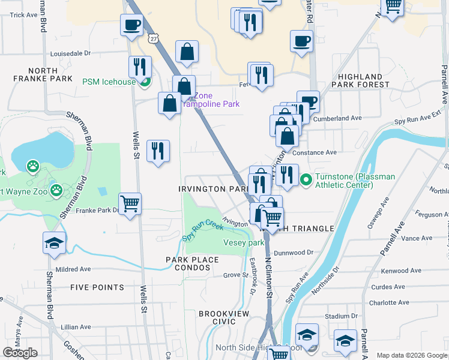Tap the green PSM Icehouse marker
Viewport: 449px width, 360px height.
pos(143,82)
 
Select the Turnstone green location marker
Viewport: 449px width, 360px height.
pos(306,179)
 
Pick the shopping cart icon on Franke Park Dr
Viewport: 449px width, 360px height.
pos(130,204)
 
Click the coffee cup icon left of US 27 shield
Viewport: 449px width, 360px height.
pos(131,25)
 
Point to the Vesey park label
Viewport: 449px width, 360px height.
pos(244,243)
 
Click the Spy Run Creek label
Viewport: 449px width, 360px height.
pos(203,230)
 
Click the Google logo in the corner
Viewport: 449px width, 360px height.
pos(20,352)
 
